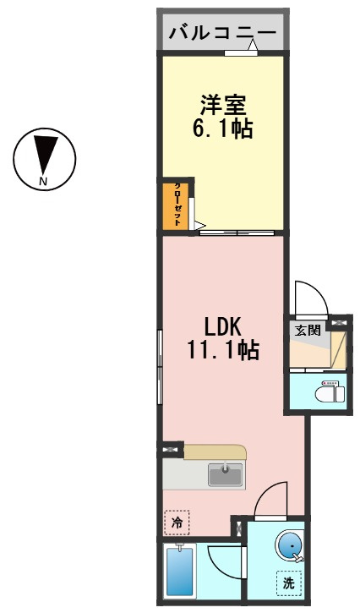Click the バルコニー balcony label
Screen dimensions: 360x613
click(x=222, y=33)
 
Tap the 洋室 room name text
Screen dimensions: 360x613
click(x=223, y=105)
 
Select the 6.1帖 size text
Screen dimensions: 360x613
click(x=222, y=128)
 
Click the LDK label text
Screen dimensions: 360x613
click(x=223, y=327)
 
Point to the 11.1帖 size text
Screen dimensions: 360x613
click(x=223, y=349)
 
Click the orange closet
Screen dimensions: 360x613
click(x=176, y=206)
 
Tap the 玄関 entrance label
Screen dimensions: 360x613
click(x=308, y=331)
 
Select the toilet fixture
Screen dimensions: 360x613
click(x=330, y=391)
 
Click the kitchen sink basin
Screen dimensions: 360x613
click(x=225, y=474)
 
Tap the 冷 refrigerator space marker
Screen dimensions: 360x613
click(x=177, y=523)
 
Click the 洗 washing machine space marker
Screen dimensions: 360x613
click(x=289, y=583)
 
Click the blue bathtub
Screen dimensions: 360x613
click(x=180, y=571)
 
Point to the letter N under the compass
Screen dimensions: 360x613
click(x=43, y=181)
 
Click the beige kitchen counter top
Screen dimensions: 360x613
click(x=215, y=452)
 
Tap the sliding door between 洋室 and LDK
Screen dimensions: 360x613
click(x=237, y=233)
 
